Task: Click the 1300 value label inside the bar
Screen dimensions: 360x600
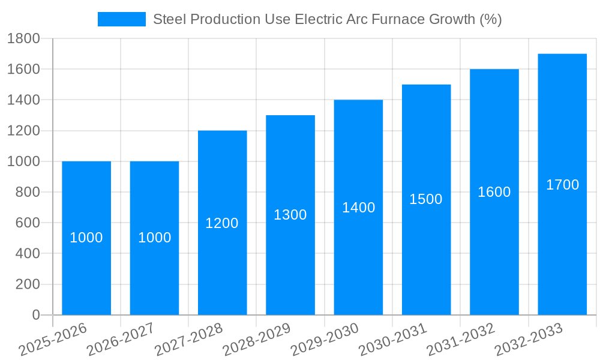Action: point(290,215)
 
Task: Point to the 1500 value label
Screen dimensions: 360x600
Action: point(426,199)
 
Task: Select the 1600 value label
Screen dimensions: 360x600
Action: point(494,192)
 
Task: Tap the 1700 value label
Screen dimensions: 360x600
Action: point(562,185)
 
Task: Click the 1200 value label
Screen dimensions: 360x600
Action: point(222,223)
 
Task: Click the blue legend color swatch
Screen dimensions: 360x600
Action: point(121,19)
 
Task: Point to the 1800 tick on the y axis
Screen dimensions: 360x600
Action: point(23,39)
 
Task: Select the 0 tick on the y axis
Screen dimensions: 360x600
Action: point(35,315)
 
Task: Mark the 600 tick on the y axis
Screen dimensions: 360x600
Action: point(27,223)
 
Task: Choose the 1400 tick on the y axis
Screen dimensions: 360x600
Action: point(23,100)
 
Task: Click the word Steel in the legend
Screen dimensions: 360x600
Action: point(168,19)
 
